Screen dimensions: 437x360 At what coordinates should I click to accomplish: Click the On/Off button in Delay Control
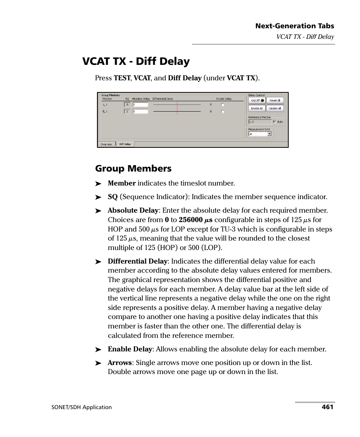click(257, 101)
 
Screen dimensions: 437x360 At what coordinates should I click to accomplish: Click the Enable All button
click(257, 109)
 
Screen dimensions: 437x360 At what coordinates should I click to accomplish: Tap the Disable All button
click(275, 109)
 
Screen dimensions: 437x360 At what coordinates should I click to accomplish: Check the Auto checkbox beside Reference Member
click(274, 122)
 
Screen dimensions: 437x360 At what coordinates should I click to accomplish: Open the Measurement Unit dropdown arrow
click(269, 134)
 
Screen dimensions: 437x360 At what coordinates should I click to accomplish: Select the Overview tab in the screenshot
click(106, 144)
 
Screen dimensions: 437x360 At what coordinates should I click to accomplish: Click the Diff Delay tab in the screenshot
click(125, 144)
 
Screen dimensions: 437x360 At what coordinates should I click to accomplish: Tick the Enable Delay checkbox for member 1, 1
click(223, 105)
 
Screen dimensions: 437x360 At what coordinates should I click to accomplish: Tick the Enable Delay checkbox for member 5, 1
click(223, 112)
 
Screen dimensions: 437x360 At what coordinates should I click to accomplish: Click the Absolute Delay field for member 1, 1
click(140, 104)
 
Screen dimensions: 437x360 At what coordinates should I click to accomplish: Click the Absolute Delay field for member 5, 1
click(140, 112)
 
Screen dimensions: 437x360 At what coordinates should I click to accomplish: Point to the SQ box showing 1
click(127, 112)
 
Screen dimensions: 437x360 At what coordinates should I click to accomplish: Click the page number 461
click(327, 407)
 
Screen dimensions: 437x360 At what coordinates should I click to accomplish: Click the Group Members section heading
click(133, 169)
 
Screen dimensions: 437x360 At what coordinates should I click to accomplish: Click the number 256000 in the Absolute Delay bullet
click(191, 220)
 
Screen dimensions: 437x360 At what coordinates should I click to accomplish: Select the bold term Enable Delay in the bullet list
click(130, 349)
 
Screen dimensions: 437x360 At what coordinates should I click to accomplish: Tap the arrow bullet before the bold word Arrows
click(98, 363)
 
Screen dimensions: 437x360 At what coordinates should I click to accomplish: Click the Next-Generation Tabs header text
click(294, 26)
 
